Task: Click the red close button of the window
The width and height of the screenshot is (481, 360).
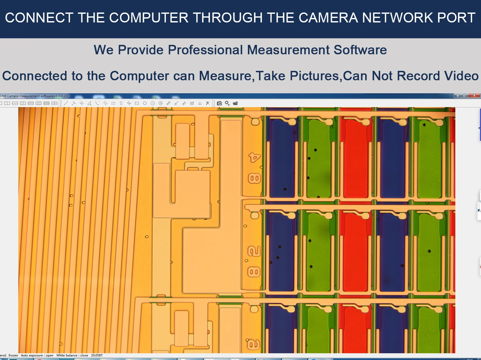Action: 474,96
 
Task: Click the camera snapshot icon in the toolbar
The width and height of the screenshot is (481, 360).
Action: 219,103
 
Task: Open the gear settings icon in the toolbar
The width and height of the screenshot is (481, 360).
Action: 227,103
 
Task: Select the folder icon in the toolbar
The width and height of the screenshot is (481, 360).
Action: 235,103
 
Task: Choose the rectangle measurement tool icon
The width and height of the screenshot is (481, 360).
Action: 137,103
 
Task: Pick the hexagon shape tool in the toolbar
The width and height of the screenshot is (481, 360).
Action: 145,103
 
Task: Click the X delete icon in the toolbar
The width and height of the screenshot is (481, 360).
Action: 208,103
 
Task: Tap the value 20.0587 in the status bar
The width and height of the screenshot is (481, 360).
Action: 97,355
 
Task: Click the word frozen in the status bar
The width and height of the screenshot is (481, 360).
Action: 13,355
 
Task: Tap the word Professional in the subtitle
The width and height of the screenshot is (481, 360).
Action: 206,50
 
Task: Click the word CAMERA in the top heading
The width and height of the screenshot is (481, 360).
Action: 328,18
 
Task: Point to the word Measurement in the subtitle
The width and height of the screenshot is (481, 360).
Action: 288,50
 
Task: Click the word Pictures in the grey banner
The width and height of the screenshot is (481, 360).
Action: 314,76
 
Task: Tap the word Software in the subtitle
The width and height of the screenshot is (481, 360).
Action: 360,50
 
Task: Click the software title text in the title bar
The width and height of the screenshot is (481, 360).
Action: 34,96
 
